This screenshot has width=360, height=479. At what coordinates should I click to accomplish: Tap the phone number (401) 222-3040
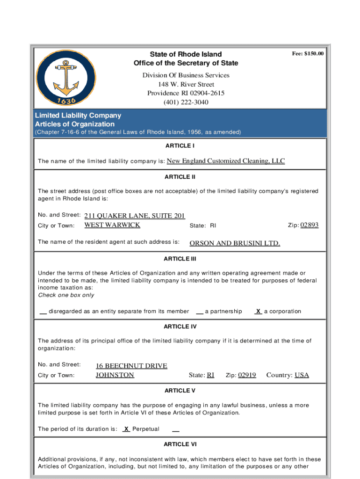click(186, 102)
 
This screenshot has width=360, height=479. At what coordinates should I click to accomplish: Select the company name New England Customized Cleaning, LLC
click(225, 161)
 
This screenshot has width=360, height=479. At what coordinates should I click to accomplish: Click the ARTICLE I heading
click(180, 146)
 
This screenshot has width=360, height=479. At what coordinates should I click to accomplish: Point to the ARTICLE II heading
click(180, 177)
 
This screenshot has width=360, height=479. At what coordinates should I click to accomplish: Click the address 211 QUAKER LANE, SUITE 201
click(135, 216)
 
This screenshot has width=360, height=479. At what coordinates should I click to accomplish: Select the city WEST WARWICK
click(112, 225)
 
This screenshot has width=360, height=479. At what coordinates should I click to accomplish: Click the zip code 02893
click(309, 225)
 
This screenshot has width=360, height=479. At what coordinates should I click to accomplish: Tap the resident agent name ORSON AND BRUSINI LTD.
click(234, 243)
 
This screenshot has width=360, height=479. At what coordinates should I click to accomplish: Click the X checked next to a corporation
click(258, 311)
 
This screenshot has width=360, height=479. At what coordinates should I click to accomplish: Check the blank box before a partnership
click(200, 312)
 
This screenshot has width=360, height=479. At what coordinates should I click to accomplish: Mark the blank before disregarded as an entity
click(43, 312)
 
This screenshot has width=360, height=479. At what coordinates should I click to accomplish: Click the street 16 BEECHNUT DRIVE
click(131, 366)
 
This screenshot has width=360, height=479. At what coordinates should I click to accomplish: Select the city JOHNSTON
click(115, 375)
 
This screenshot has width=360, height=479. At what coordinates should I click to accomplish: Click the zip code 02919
click(247, 375)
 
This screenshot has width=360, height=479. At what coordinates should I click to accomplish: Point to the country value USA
click(302, 375)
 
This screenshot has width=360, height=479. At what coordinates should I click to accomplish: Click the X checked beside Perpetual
click(126, 428)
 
